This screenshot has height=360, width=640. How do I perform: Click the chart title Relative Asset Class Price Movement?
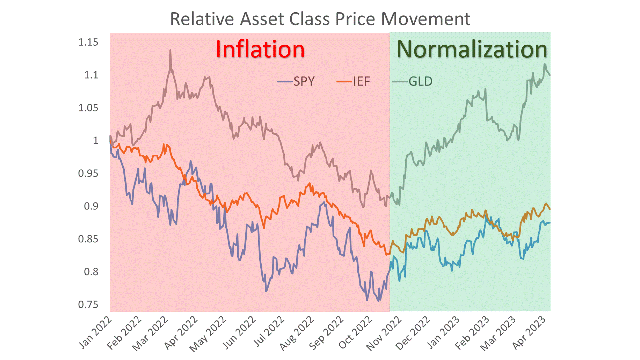pos(320,19)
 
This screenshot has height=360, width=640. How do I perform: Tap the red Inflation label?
pos(260,49)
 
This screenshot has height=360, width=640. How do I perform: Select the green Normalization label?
pos(472,49)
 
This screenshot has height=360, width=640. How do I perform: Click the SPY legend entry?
pos(297,81)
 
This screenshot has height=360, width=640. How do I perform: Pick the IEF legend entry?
pos(354,81)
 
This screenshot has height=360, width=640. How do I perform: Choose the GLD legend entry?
pos(413,81)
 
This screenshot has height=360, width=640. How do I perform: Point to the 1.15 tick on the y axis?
pos(88,42)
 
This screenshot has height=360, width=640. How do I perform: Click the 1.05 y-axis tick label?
pos(88,108)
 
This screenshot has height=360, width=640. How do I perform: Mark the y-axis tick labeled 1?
pos(95,141)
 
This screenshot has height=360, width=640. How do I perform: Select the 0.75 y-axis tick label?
pos(88,305)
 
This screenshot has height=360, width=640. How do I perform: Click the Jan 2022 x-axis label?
pos(96,332)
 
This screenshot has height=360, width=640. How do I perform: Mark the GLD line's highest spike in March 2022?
pos(170,51)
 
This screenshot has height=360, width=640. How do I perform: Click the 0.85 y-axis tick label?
pos(88,239)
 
